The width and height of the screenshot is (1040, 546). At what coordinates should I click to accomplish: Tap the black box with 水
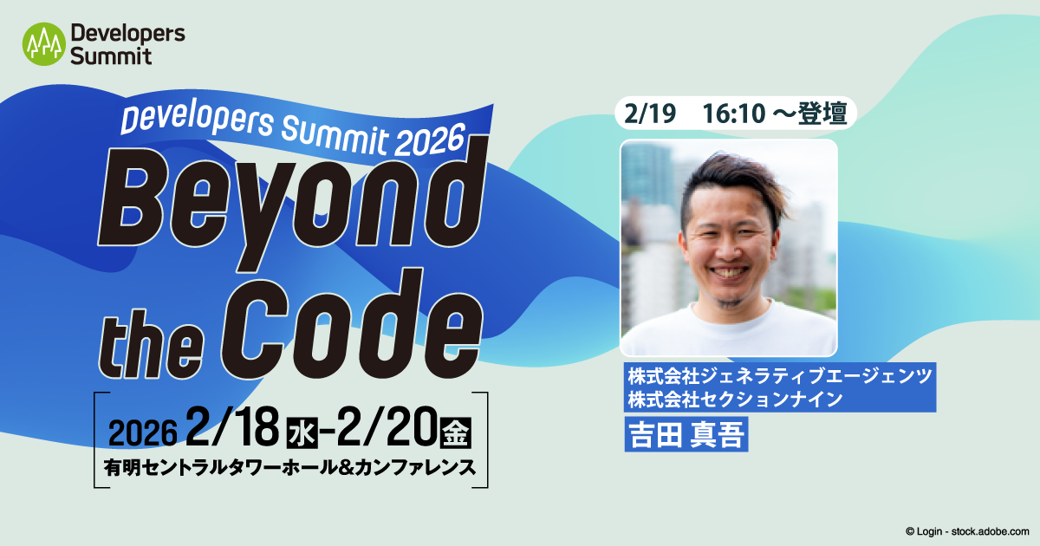pyautogui.click(x=300, y=431)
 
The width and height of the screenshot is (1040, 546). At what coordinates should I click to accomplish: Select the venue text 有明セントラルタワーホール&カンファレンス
pyautogui.click(x=289, y=468)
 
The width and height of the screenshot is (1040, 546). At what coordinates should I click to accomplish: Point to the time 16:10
pyautogui.click(x=734, y=114)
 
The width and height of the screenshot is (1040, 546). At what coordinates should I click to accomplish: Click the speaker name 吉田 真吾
pyautogui.click(x=685, y=433)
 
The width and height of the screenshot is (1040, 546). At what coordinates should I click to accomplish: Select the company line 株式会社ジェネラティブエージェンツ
pyautogui.click(x=780, y=377)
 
